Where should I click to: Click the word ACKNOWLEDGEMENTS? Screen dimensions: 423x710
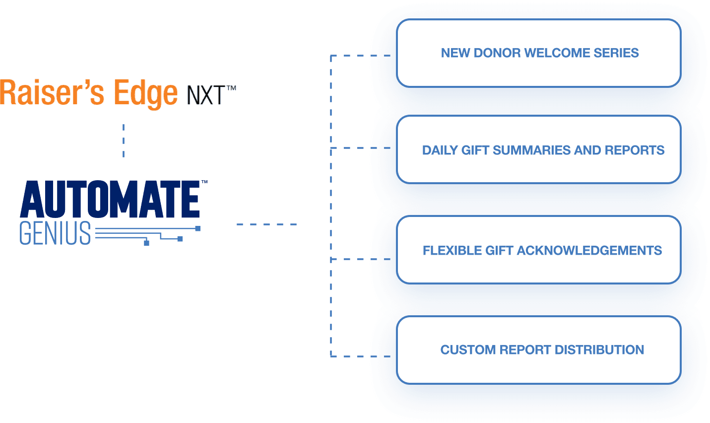(x=589, y=251)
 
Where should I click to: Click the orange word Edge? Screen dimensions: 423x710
(x=145, y=93)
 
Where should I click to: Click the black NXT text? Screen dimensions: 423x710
(x=205, y=95)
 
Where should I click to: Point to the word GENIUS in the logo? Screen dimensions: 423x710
(x=55, y=233)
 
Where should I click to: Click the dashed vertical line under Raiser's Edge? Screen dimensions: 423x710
(x=124, y=141)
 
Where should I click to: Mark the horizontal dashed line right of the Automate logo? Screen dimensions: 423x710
(x=266, y=225)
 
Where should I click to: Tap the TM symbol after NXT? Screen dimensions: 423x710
(x=231, y=88)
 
